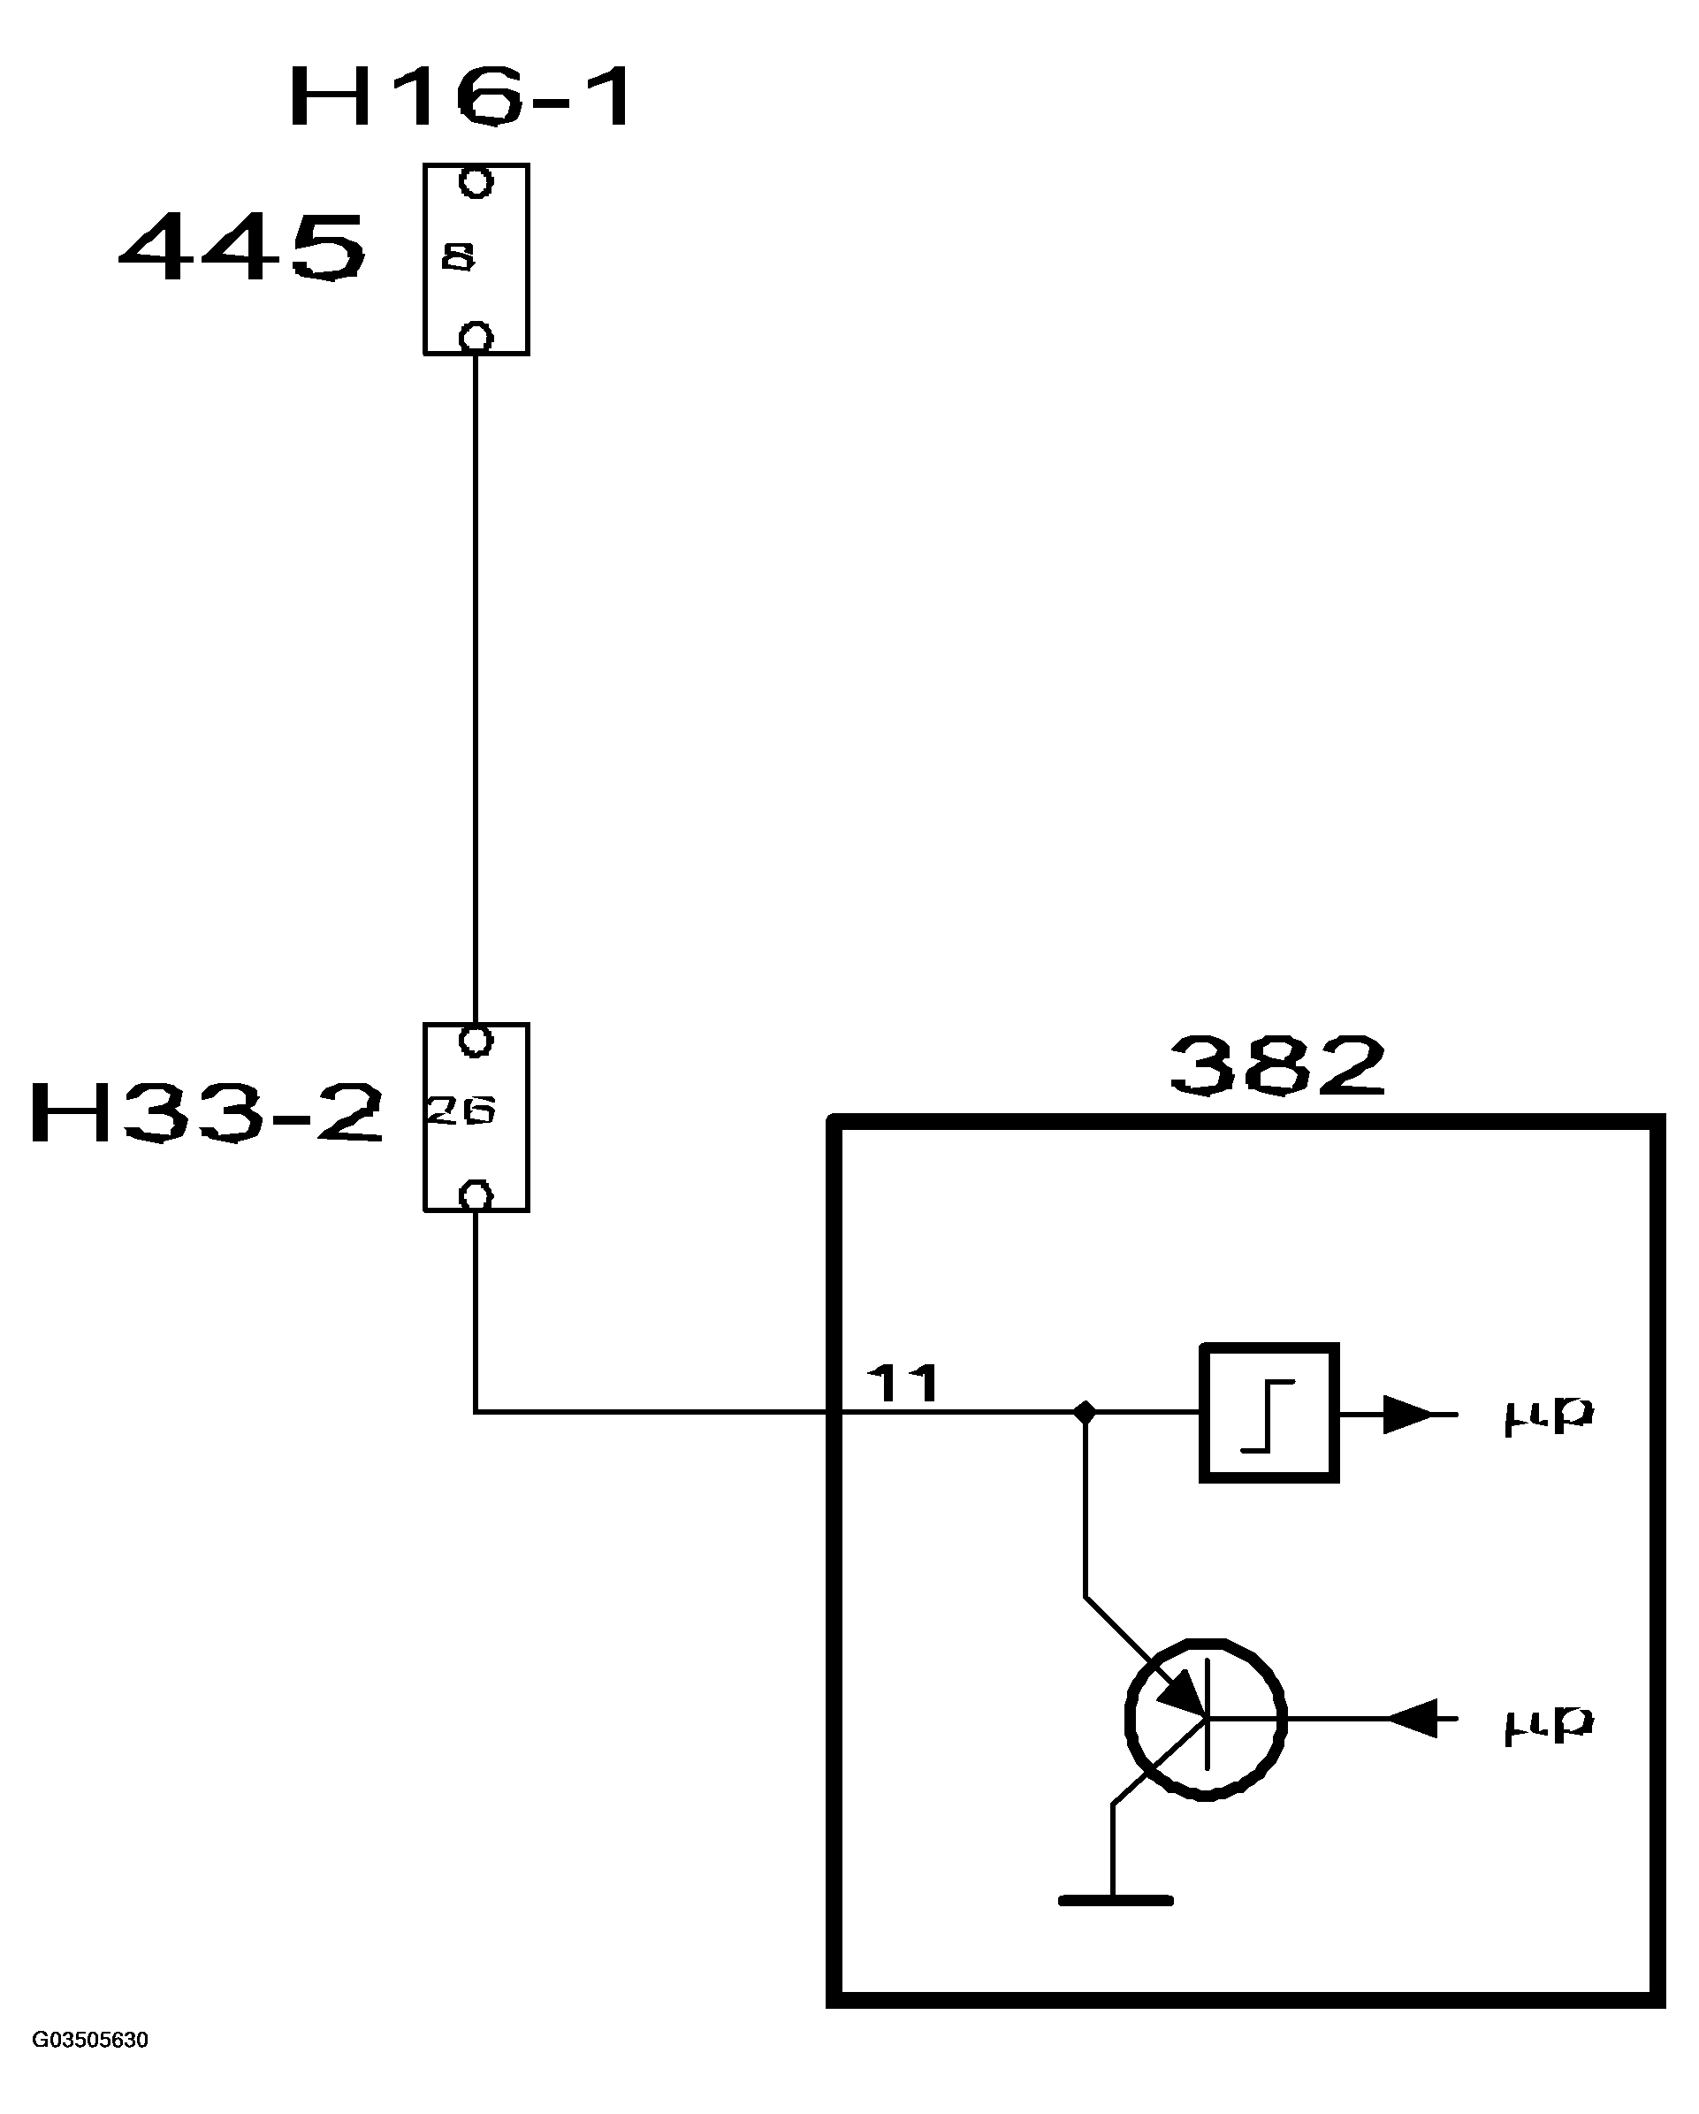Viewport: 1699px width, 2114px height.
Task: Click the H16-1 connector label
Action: click(461, 97)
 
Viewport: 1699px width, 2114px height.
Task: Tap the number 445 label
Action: click(242, 249)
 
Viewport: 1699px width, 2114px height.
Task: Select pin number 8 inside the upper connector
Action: click(458, 257)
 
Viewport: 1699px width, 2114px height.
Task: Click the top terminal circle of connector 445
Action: click(476, 182)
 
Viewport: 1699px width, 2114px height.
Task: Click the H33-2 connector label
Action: click(206, 1114)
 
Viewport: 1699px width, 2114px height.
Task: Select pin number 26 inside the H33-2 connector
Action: click(460, 1110)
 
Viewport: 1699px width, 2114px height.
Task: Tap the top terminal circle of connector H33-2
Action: click(476, 1041)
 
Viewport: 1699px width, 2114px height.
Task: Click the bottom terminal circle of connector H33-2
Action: click(476, 1196)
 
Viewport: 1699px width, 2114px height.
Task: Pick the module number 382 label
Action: click(1277, 1067)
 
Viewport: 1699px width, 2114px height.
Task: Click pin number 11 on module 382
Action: click(903, 1385)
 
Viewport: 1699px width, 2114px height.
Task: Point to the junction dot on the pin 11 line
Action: click(1085, 1413)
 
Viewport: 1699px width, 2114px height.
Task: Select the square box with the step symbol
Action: click(1269, 1413)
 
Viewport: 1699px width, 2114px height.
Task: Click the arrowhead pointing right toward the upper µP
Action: click(1408, 1414)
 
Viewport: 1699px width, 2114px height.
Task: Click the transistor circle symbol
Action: click(1206, 1719)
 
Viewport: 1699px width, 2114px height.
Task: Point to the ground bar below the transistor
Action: click(1115, 1900)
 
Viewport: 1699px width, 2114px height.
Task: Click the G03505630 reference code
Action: click(90, 2041)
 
